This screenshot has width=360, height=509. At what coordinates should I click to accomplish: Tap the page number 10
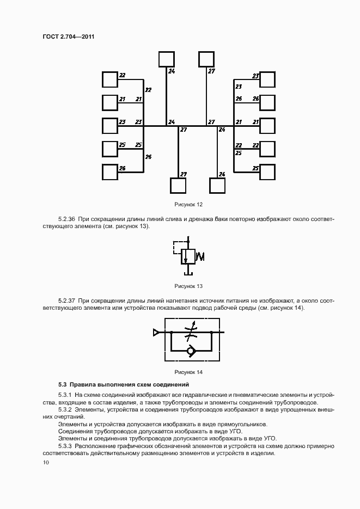pyautogui.click(x=46, y=462)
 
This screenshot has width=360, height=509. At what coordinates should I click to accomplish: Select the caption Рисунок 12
pyautogui.click(x=188, y=204)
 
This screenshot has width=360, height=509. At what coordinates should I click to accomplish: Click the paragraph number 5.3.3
pyautogui.click(x=65, y=445)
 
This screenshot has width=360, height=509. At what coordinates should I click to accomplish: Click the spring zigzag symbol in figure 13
pyautogui.click(x=199, y=256)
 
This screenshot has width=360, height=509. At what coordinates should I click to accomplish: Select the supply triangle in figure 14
pyautogui.click(x=157, y=332)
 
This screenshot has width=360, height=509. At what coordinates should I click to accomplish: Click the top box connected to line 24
pyautogui.click(x=166, y=59)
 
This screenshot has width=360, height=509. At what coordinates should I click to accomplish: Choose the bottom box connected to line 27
pyautogui.click(x=178, y=186)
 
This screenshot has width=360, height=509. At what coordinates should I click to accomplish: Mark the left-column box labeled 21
pyautogui.click(x=110, y=102)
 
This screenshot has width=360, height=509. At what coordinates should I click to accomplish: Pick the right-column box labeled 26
pyautogui.click(x=267, y=102)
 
